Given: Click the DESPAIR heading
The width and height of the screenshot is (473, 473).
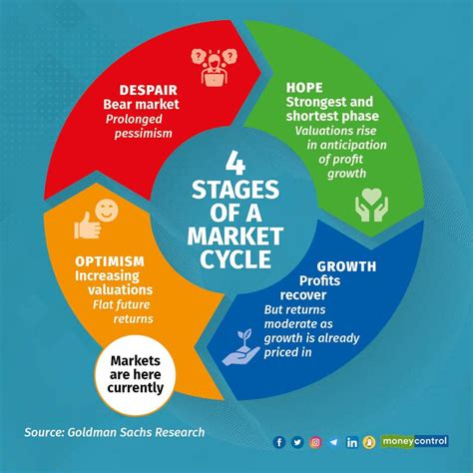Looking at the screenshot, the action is pyautogui.click(x=149, y=90).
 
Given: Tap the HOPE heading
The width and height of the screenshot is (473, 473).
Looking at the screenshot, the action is pyautogui.click(x=304, y=88).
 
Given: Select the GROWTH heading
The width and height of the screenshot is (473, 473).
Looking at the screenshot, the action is pyautogui.click(x=346, y=266).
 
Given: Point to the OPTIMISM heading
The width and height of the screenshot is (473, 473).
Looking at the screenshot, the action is pyautogui.click(x=110, y=261).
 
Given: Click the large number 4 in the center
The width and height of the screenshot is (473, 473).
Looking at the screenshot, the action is pyautogui.click(x=236, y=163).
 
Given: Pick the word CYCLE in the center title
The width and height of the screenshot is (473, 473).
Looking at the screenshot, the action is pyautogui.click(x=236, y=259).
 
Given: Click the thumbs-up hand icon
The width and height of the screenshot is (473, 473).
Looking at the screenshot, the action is pyautogui.click(x=87, y=226).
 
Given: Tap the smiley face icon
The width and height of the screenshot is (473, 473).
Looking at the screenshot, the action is pyautogui.click(x=107, y=211).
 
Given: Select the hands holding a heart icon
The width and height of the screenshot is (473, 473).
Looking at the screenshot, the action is pyautogui.click(x=371, y=205).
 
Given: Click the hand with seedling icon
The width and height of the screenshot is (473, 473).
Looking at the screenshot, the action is pyautogui.click(x=241, y=347).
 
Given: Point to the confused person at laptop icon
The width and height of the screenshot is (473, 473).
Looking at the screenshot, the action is pyautogui.click(x=214, y=68).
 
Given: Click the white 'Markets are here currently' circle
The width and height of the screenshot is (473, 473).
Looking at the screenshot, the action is pyautogui.click(x=135, y=375).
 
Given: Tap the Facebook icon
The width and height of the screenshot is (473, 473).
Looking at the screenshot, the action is pyautogui.click(x=279, y=442).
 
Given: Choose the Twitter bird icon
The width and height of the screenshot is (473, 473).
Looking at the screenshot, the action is pyautogui.click(x=297, y=442).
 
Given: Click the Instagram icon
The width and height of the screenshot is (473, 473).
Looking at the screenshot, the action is pyautogui.click(x=315, y=442).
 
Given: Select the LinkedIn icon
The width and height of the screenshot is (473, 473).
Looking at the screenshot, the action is pyautogui.click(x=352, y=442).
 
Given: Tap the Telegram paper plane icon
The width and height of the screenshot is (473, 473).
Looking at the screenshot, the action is pyautogui.click(x=333, y=442).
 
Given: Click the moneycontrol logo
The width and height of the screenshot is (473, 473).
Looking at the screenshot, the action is pyautogui.click(x=414, y=441).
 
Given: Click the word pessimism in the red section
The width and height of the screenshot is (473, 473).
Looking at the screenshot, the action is pyautogui.click(x=144, y=134).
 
